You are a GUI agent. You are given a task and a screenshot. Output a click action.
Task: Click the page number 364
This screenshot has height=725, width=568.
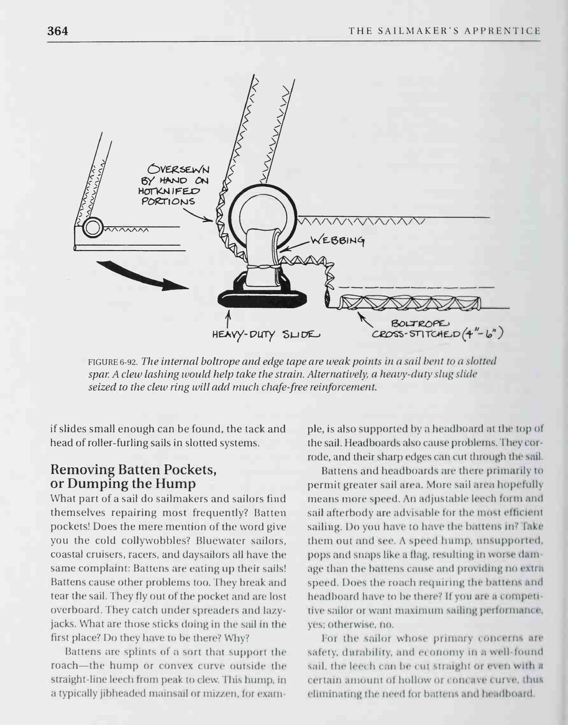tap(58, 31)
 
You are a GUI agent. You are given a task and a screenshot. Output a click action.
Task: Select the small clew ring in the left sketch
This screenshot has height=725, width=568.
tap(93, 227)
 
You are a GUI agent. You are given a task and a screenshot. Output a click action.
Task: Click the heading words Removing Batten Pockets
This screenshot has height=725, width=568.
tap(133, 469)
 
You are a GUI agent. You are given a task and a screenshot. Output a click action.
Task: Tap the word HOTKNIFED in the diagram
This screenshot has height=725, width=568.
tap(170, 191)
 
